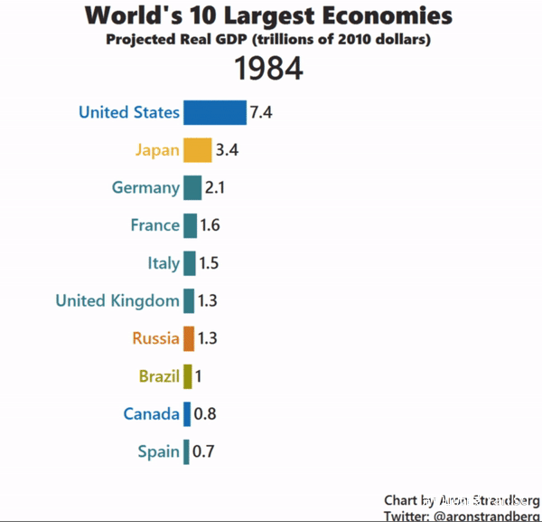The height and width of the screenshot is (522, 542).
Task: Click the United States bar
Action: click(214, 112)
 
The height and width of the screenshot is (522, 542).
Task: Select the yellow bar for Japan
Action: click(197, 150)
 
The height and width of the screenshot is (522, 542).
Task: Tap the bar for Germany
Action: click(192, 187)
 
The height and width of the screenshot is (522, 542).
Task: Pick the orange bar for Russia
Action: click(188, 338)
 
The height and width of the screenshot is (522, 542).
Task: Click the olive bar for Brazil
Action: click(187, 376)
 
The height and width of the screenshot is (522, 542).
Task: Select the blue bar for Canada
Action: click(186, 413)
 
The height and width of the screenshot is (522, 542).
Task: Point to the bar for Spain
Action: click(186, 451)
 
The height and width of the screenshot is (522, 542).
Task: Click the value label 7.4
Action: click(261, 112)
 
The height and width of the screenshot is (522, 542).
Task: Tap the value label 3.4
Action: click(227, 150)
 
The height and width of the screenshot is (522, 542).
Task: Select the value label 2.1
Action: click(215, 187)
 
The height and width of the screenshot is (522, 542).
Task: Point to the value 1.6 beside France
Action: click(210, 225)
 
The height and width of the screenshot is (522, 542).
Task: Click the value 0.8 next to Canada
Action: click(205, 413)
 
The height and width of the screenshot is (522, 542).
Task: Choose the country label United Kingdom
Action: click(117, 300)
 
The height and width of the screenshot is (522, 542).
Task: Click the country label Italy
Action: click(164, 263)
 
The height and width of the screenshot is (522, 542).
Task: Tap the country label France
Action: click(154, 225)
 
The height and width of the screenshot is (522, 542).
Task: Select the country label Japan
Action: click(157, 150)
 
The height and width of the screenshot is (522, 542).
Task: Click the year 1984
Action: click(268, 69)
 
